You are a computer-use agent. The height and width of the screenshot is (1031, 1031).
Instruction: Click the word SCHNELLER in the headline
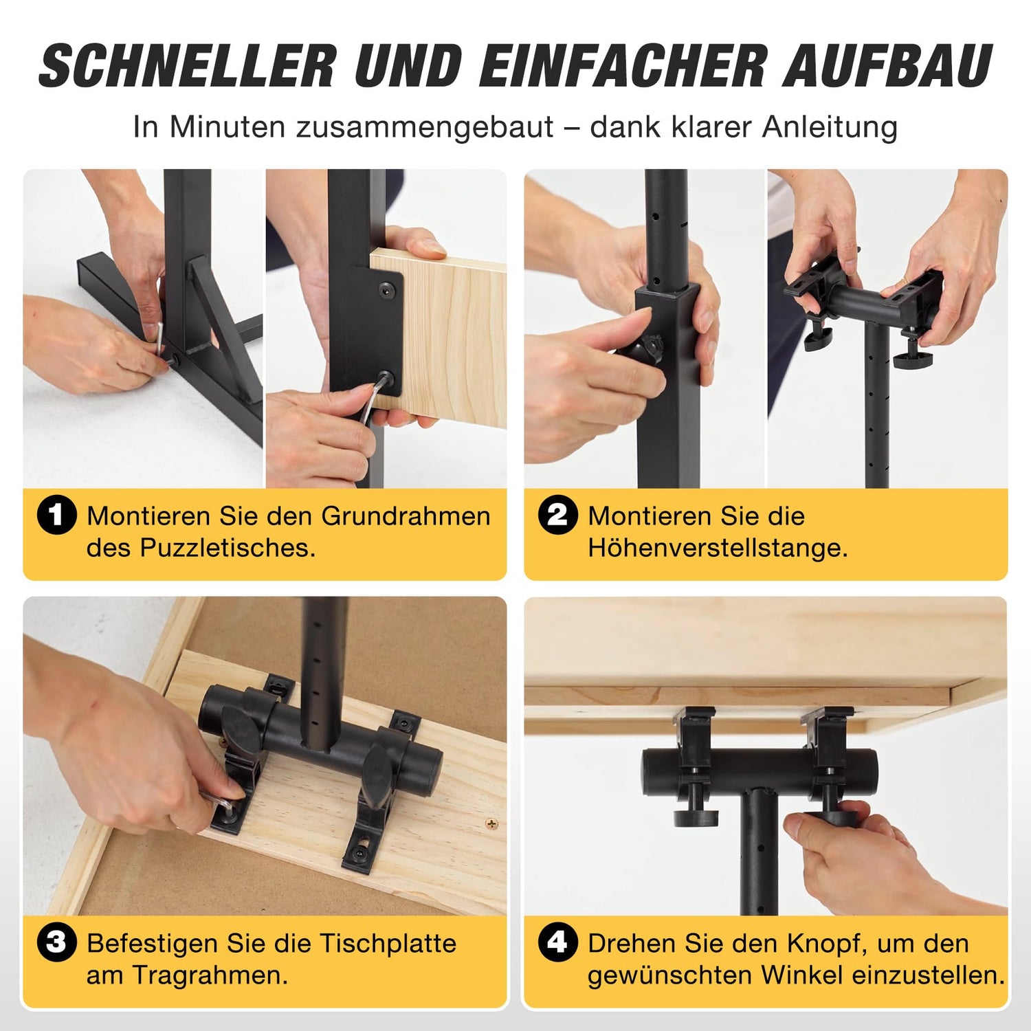(188, 66)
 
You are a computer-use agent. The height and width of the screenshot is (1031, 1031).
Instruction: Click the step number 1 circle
(56, 515)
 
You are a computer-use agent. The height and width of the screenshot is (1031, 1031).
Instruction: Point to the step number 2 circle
(557, 515)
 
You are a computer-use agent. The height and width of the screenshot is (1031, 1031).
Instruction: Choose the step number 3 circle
(56, 942)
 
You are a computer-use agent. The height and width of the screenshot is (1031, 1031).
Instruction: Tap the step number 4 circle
(557, 942)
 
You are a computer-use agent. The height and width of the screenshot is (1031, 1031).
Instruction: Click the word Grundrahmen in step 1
(406, 516)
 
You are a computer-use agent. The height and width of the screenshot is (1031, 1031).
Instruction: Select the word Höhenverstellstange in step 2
(718, 548)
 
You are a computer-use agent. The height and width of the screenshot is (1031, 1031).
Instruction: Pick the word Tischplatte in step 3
(388, 944)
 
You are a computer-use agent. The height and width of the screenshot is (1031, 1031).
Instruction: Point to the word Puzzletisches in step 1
(228, 548)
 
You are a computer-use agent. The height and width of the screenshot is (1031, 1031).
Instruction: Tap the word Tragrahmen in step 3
(210, 976)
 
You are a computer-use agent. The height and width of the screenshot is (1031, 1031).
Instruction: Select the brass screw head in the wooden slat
(491, 823)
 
